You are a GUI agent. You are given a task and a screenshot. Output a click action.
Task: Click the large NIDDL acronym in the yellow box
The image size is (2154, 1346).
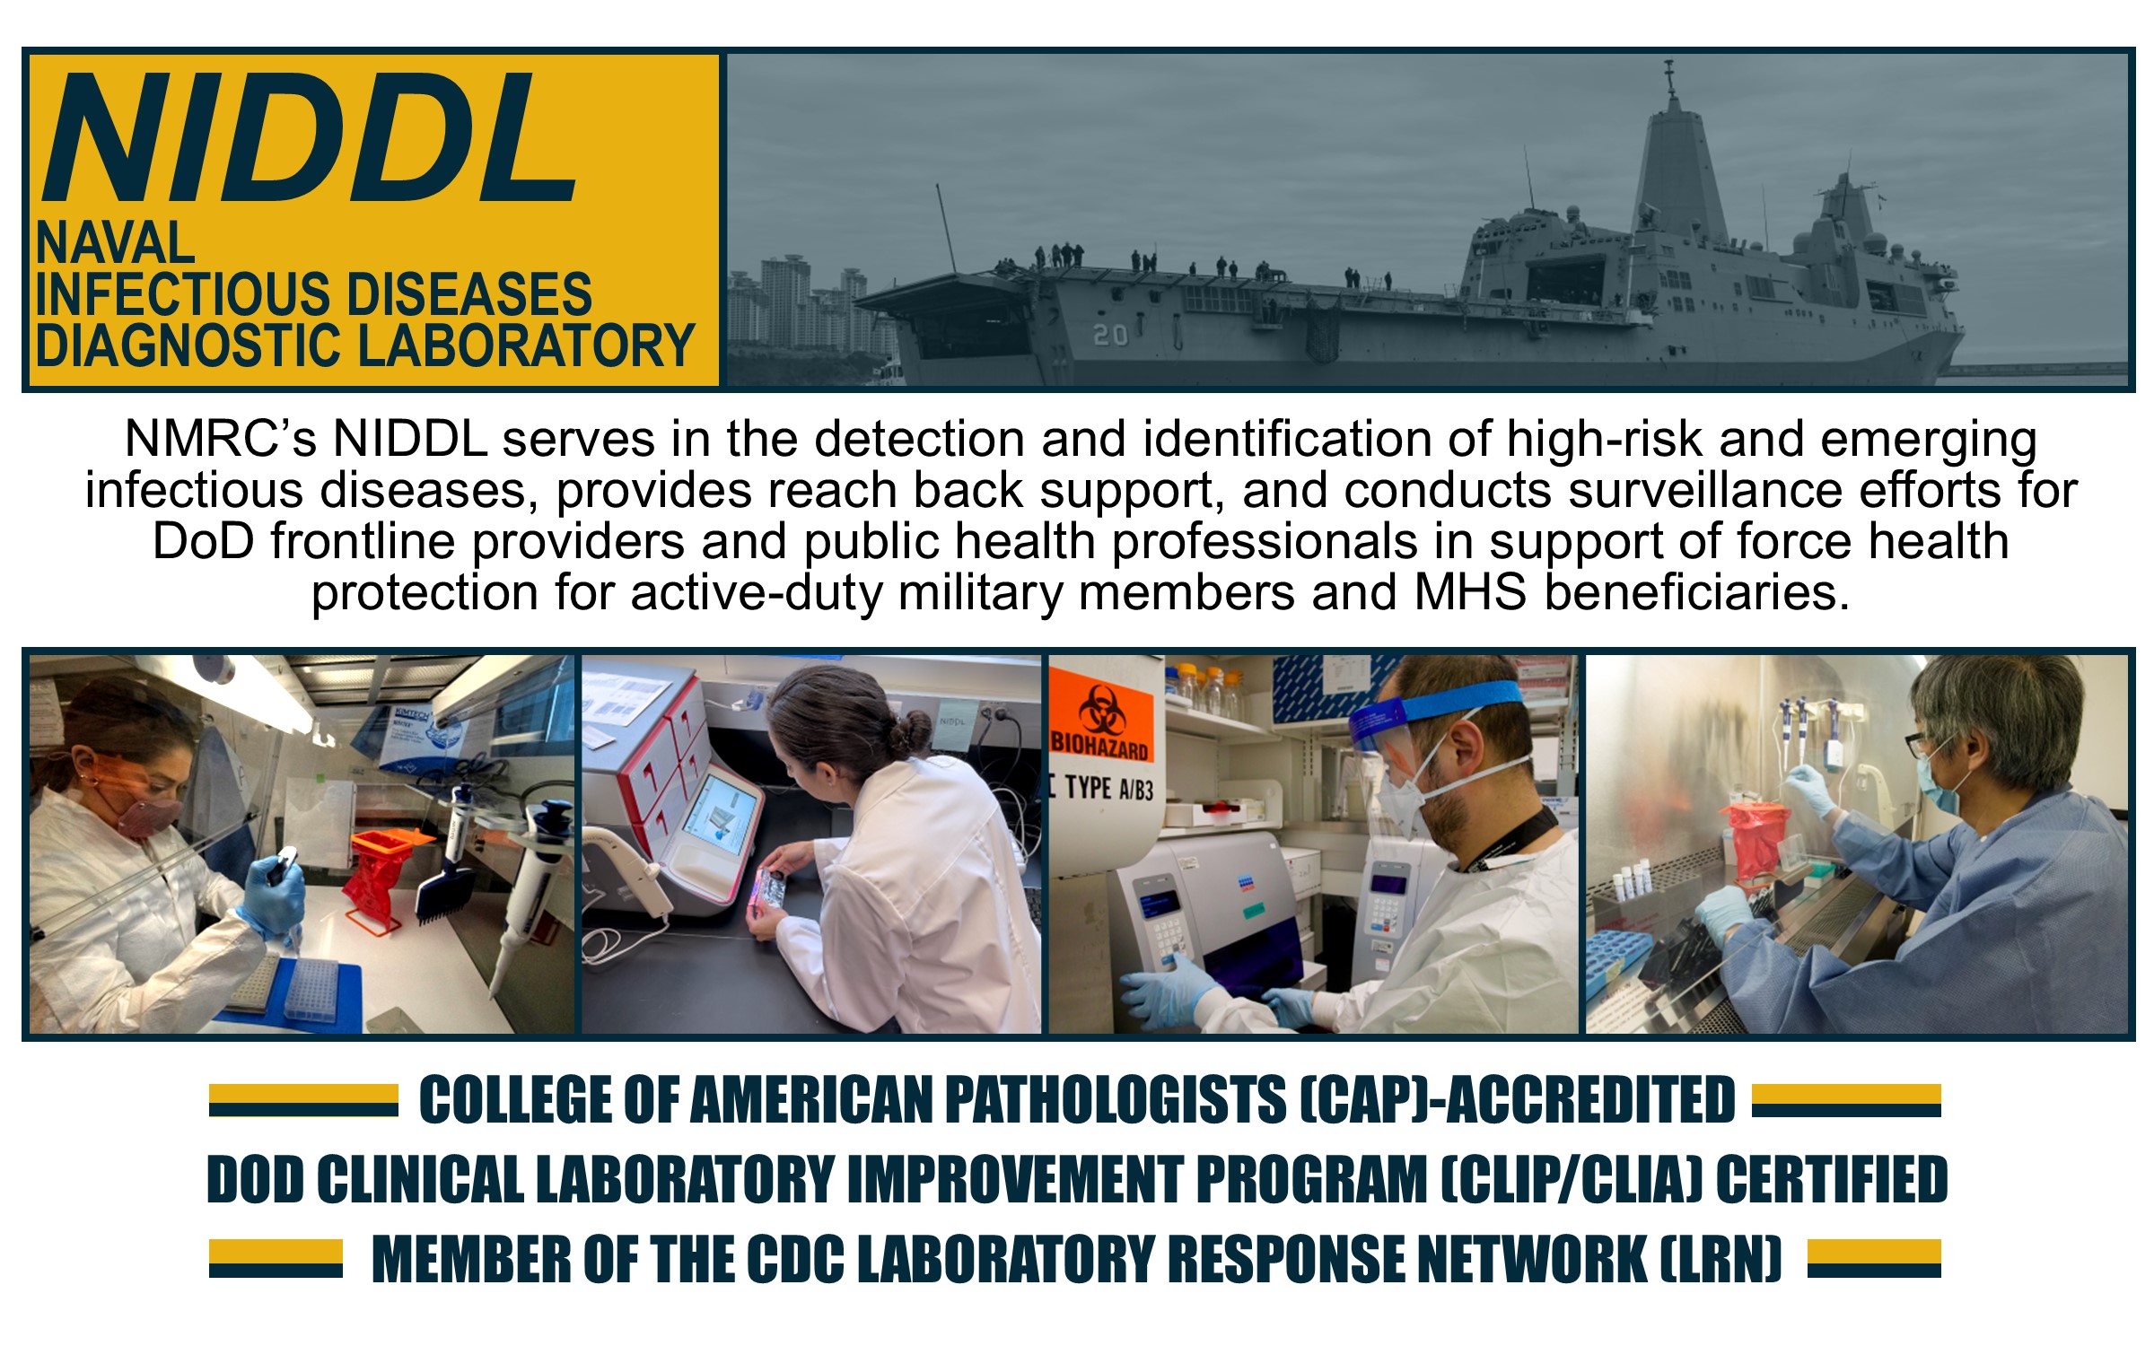coord(310,139)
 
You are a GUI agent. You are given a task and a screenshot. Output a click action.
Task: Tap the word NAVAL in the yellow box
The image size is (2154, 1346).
coord(115,242)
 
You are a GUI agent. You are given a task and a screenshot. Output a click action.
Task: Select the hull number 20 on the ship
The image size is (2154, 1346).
coord(1110,335)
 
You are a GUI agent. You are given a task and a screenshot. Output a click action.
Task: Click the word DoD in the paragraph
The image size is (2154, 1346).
coord(204,541)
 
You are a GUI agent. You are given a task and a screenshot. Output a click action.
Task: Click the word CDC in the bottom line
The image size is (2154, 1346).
coord(795,1258)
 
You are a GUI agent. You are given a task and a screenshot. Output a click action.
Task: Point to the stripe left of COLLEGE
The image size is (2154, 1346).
coord(303,1100)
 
